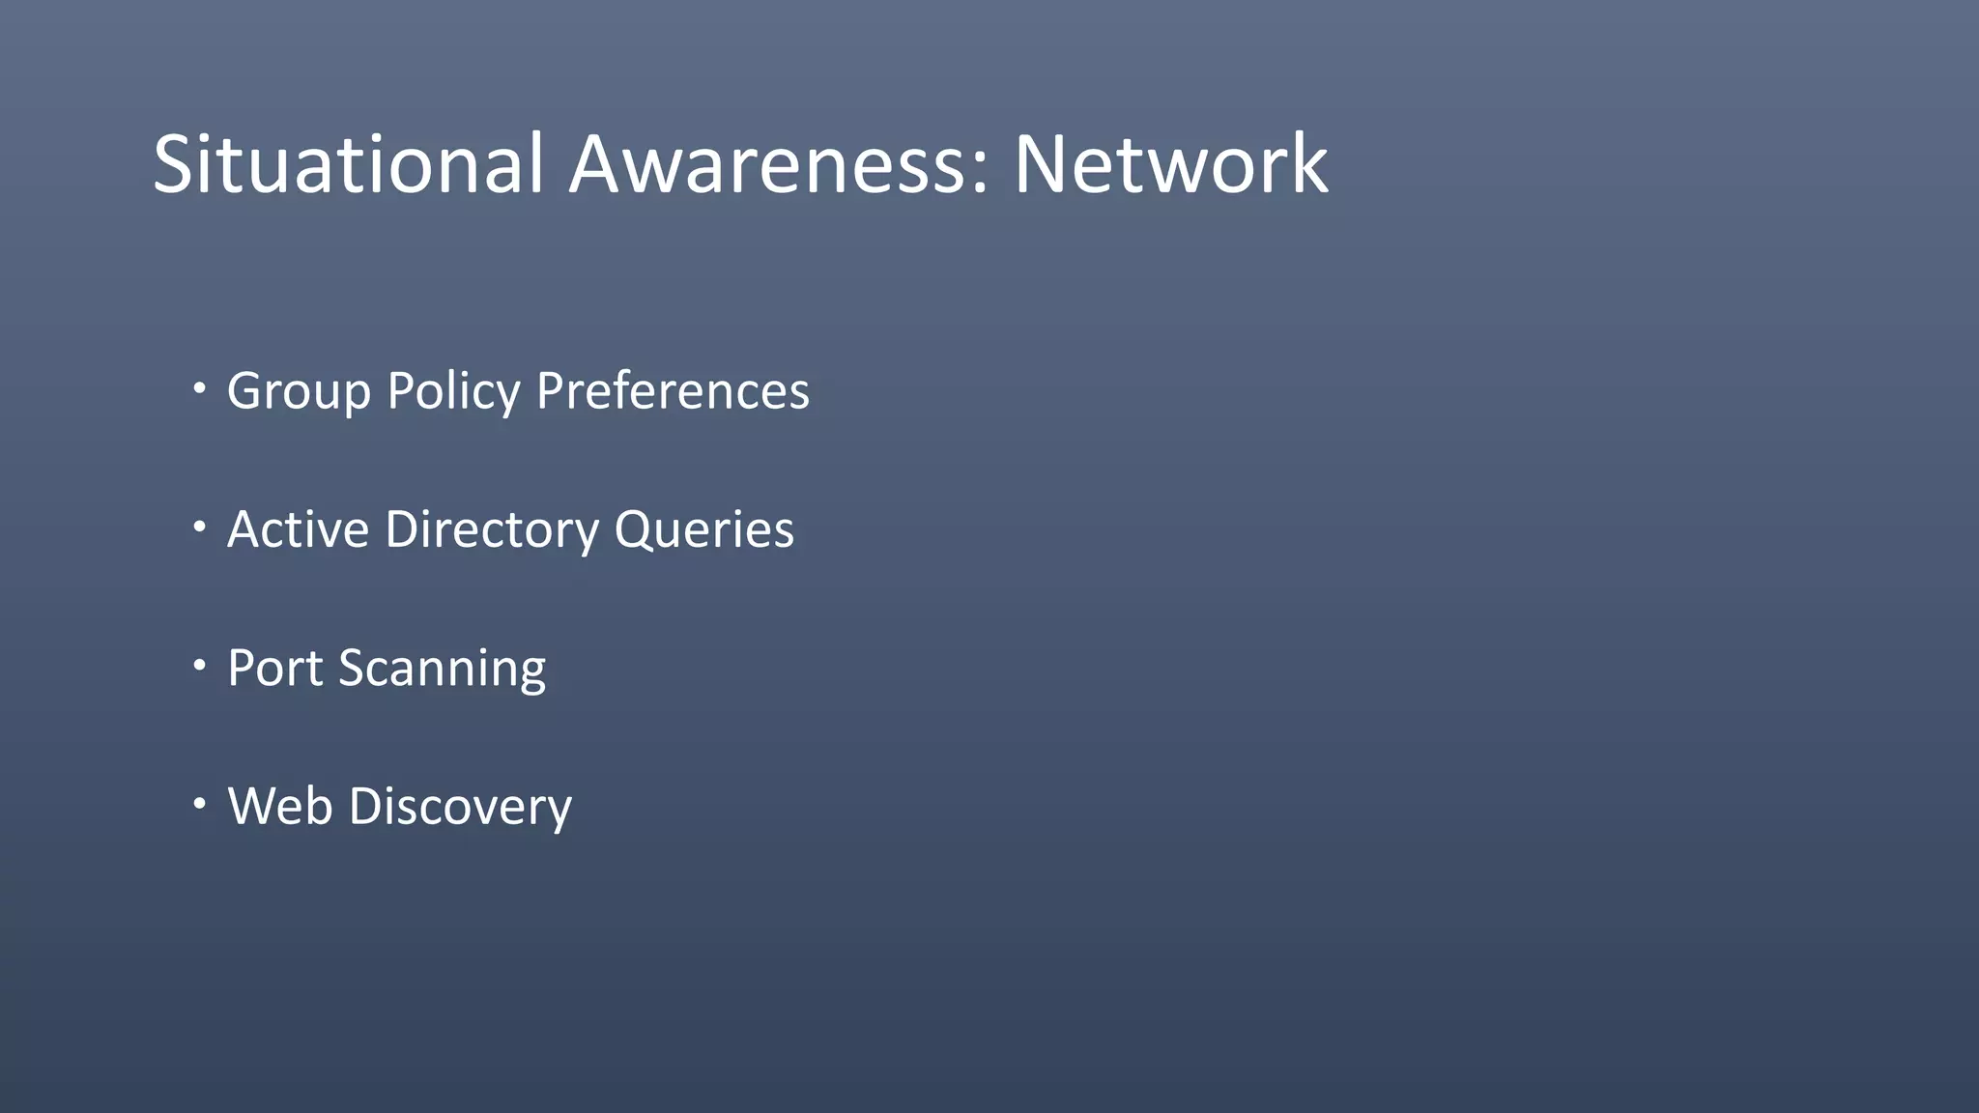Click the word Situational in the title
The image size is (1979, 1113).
click(x=348, y=164)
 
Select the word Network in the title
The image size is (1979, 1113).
click(x=1170, y=164)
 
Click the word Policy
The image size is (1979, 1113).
click(x=453, y=391)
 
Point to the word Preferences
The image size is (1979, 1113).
click(x=673, y=391)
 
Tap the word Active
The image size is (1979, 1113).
click(x=298, y=529)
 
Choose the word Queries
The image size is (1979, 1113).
click(x=703, y=529)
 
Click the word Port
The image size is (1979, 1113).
click(x=274, y=668)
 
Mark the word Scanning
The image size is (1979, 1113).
click(x=442, y=668)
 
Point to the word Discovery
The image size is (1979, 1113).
click(x=460, y=806)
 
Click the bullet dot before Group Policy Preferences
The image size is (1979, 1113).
click(x=199, y=388)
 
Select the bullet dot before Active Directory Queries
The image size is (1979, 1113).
click(x=199, y=527)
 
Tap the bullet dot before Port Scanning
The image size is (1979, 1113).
click(x=199, y=665)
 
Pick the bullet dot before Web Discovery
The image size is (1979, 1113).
click(x=199, y=803)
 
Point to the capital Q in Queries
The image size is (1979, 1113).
click(x=632, y=529)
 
